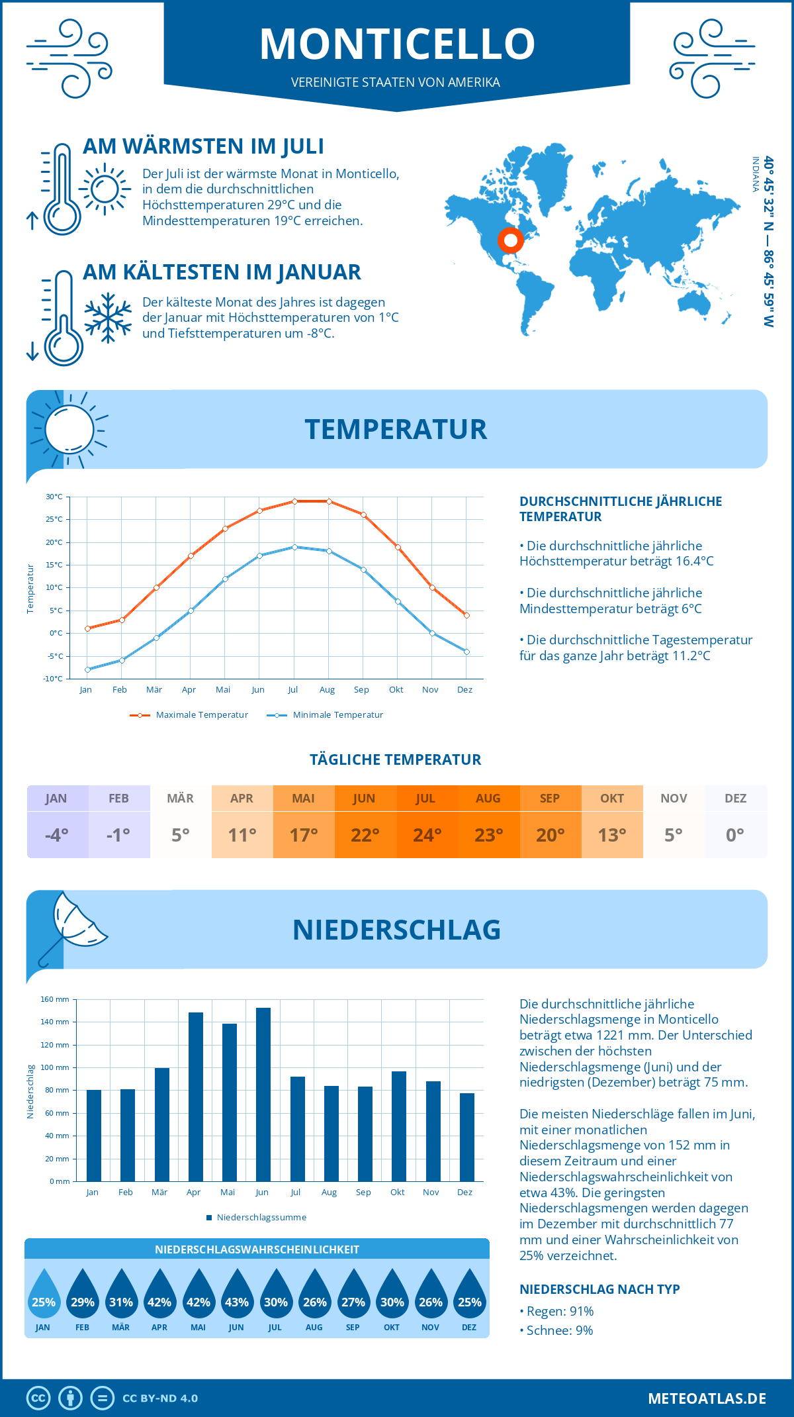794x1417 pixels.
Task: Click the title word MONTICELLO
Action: click(397, 44)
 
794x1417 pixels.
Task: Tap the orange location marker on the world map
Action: click(510, 240)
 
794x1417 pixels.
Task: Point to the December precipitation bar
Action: click(466, 1137)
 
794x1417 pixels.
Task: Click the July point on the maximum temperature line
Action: click(294, 501)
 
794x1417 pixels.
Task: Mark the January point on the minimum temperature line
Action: click(87, 669)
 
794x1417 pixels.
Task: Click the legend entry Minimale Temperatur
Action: click(326, 715)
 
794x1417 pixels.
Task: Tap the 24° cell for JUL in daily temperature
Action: click(427, 835)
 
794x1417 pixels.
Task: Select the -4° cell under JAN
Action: click(57, 835)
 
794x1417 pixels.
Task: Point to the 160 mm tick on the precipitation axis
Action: click(56, 999)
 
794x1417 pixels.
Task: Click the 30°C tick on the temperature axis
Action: click(54, 497)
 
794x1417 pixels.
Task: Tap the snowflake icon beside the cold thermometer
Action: click(108, 318)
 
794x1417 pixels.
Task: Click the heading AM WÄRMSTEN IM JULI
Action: click(203, 146)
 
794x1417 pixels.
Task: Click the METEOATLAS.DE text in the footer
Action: click(707, 1398)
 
